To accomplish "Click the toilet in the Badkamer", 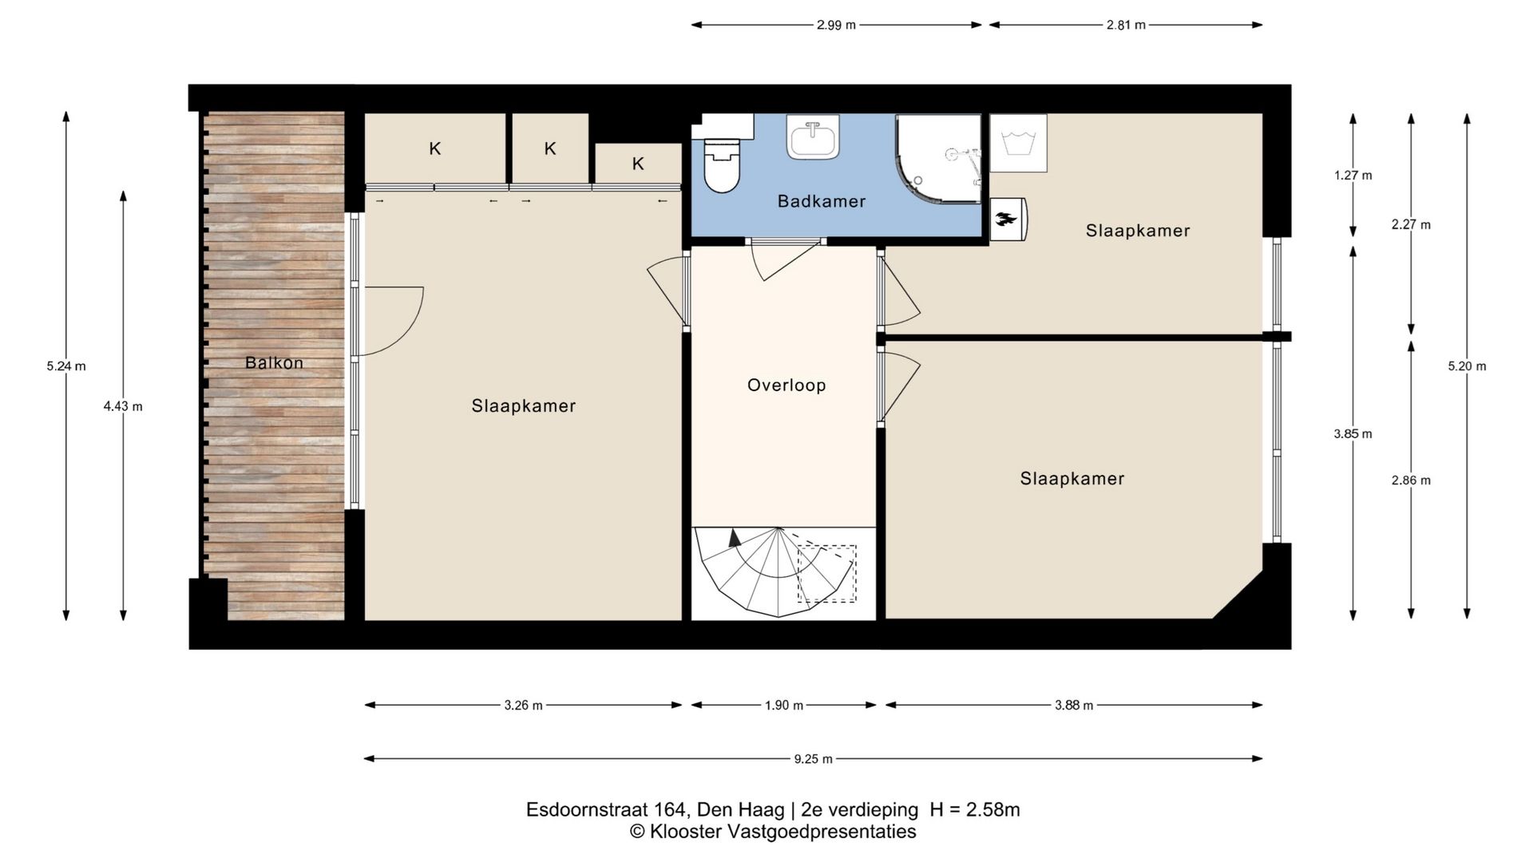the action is [x=723, y=164].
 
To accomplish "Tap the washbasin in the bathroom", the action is [x=813, y=136].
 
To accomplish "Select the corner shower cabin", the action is [x=937, y=158].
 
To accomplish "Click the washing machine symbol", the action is [x=1018, y=143].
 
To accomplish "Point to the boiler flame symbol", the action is [x=1008, y=219].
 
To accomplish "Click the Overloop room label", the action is [x=786, y=386].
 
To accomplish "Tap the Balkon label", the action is [x=274, y=363].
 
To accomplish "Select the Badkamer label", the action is [x=822, y=202].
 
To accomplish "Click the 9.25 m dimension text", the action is [x=813, y=759].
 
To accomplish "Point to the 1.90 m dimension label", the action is [x=784, y=706].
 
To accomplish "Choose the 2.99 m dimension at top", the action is [x=836, y=26].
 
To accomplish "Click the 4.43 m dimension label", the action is [x=123, y=406].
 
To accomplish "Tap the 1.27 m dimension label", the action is [x=1353, y=176].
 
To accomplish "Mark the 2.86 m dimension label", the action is [x=1411, y=480].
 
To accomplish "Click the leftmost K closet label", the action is [x=435, y=148].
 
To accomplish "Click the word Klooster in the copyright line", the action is [x=685, y=832].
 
